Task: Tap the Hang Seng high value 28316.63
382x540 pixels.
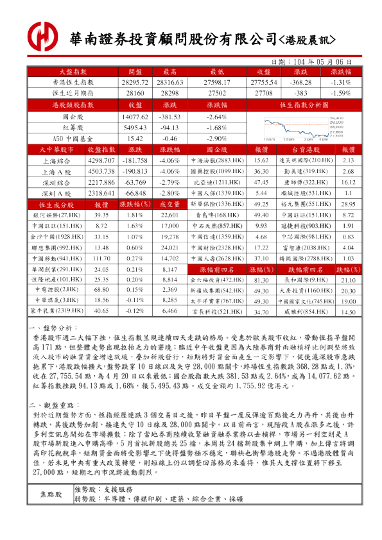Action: pyautogui.click(x=170, y=83)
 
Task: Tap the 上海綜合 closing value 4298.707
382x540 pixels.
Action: pyautogui.click(x=101, y=160)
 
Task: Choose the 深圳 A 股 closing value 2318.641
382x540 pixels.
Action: pyautogui.click(x=101, y=193)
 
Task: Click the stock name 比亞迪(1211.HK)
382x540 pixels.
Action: pyautogui.click(x=216, y=181)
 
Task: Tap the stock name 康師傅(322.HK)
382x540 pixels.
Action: pyautogui.click(x=306, y=181)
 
